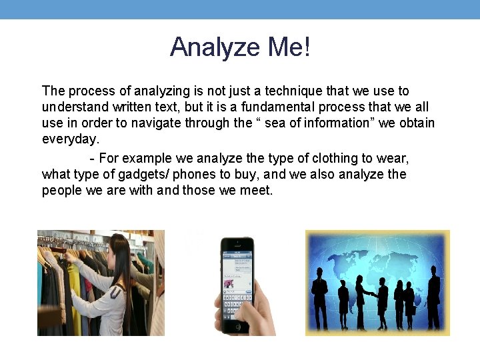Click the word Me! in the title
[289, 47]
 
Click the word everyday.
[70, 140]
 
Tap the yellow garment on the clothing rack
[74, 293]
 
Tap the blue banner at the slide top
[240, 9]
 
